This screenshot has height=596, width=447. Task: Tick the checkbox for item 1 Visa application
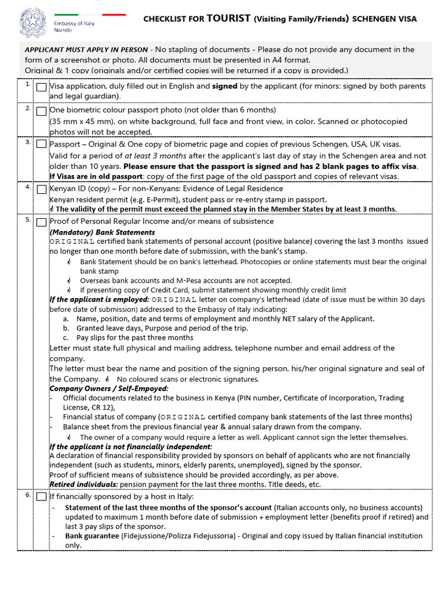[x=42, y=87]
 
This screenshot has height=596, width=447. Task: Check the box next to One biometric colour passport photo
[x=42, y=111]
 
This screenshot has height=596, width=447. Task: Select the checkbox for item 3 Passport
[x=42, y=144]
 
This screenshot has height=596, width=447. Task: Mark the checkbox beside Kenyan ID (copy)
[x=42, y=189]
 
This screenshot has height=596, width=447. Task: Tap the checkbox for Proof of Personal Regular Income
[x=42, y=222]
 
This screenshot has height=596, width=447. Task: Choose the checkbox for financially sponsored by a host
[x=42, y=497]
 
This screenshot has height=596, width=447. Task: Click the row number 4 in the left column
[x=27, y=187]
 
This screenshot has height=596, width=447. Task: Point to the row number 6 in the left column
[x=27, y=495]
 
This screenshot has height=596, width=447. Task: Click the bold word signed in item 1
[x=224, y=86]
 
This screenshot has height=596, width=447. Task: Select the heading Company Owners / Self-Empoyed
[x=109, y=388]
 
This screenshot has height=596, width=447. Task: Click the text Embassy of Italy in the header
[x=74, y=24]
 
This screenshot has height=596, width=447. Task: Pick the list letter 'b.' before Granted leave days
[x=66, y=328]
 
